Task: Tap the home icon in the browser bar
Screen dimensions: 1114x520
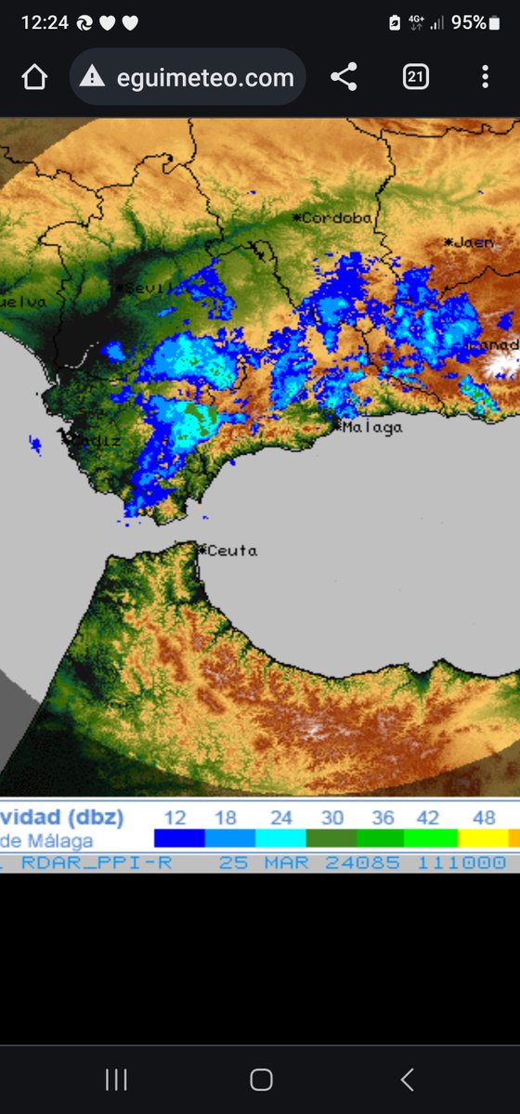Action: click(34, 78)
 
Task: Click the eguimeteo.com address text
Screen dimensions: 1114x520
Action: click(205, 78)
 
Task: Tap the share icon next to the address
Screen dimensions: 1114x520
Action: click(344, 77)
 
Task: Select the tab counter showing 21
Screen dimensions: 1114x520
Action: click(415, 77)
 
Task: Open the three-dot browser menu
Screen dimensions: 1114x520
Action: click(485, 77)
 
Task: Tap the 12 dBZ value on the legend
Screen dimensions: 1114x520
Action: click(175, 818)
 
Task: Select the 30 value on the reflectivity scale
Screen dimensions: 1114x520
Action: click(332, 818)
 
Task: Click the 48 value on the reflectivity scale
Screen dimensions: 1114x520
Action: click(484, 818)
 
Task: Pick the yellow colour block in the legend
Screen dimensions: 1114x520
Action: click(483, 838)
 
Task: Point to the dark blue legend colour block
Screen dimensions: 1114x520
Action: click(179, 838)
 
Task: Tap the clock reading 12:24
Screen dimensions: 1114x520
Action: click(45, 23)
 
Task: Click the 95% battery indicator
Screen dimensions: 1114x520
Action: click(469, 23)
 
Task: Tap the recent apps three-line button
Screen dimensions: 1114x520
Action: click(116, 1080)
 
